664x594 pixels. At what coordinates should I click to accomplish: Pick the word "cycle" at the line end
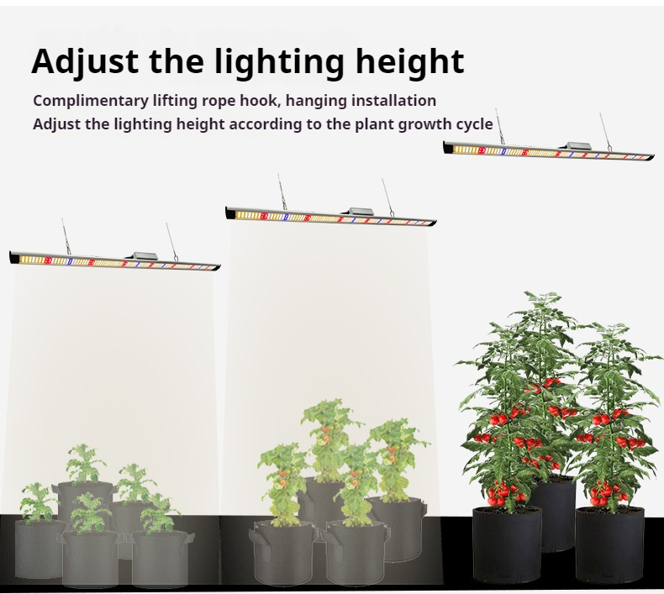point(473,124)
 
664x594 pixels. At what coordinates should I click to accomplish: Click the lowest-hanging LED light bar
point(114,261)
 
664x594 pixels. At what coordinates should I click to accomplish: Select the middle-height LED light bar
point(331,216)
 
